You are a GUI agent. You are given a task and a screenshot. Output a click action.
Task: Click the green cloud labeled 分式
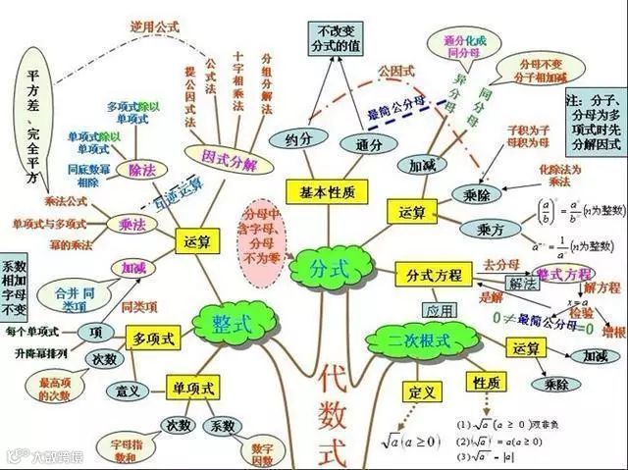(x=331, y=267)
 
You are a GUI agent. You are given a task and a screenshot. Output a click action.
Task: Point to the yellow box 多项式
(x=153, y=339)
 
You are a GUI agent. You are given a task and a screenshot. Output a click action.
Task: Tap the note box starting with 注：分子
(x=594, y=121)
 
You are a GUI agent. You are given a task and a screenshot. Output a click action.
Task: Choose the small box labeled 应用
(x=439, y=310)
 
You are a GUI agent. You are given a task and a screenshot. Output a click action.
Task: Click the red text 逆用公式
(x=156, y=26)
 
